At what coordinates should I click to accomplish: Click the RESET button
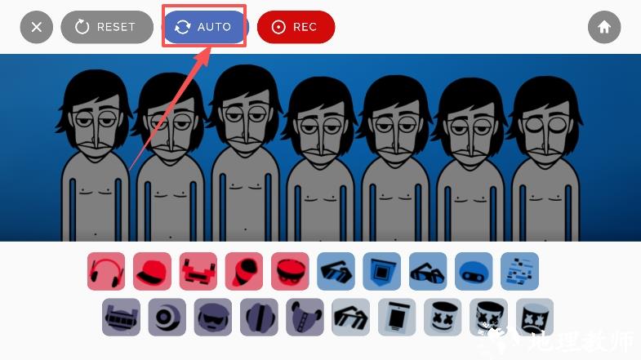click(x=107, y=27)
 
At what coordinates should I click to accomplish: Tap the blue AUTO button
click(x=206, y=27)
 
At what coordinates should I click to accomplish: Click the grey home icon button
click(x=604, y=27)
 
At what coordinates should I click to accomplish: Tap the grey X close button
click(x=37, y=27)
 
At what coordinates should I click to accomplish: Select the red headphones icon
click(x=106, y=271)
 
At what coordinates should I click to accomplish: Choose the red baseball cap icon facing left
click(x=152, y=271)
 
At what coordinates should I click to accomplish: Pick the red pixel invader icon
click(x=198, y=271)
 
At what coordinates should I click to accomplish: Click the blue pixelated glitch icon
click(x=519, y=271)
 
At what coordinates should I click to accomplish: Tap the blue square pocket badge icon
click(x=382, y=271)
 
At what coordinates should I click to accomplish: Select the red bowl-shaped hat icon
click(x=290, y=271)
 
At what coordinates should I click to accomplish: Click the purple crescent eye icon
click(x=167, y=317)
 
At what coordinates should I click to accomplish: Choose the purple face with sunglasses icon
click(x=213, y=317)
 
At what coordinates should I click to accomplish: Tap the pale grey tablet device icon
click(x=397, y=317)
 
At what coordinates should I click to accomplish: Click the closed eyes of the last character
click(x=545, y=125)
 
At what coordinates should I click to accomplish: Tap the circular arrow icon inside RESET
click(x=82, y=27)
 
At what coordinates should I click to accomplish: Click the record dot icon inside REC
click(x=278, y=27)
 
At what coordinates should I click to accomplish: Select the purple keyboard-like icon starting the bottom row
click(x=121, y=317)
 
